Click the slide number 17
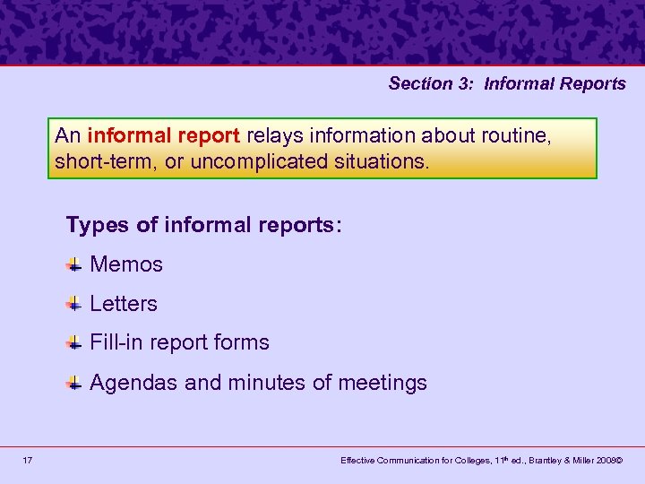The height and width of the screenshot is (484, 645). point(28,460)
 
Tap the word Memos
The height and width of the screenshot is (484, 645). point(126,264)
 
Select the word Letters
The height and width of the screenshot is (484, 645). point(124,304)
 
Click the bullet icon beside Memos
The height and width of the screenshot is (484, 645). point(74,264)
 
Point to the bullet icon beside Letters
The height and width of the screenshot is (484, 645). point(74,304)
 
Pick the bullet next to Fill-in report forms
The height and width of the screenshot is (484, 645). point(74,342)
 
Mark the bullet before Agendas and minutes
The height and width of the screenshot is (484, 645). point(74,383)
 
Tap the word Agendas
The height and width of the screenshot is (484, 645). point(133,383)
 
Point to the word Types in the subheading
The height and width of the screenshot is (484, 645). point(97,225)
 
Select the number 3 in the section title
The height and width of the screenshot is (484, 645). point(466,84)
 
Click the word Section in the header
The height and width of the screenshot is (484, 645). point(422,84)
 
